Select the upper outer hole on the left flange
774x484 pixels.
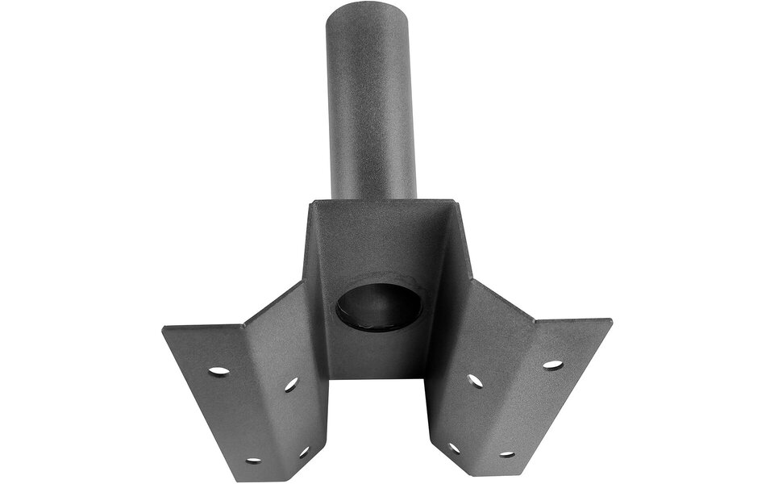tap(218, 371)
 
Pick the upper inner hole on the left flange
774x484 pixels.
tap(291, 385)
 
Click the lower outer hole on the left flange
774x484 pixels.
tap(253, 461)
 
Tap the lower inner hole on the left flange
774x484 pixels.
tap(304, 453)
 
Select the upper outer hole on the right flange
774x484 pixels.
tap(552, 365)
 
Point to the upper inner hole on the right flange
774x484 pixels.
tap(476, 380)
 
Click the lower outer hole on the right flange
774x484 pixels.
tap(506, 454)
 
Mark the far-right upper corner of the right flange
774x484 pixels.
tap(610, 322)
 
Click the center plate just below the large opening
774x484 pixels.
tap(378, 355)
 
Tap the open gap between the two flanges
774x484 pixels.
tap(377, 428)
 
